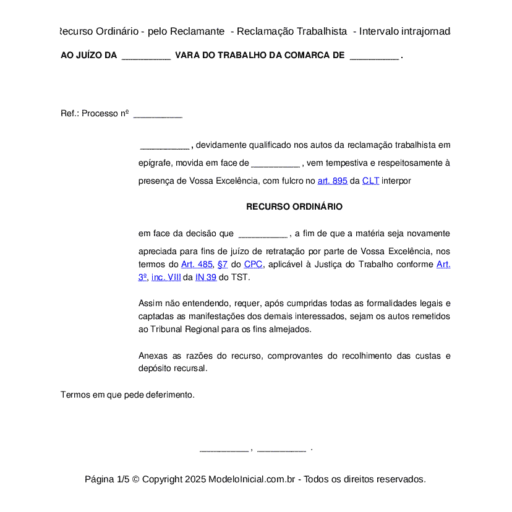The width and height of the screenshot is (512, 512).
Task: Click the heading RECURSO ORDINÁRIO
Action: click(294, 207)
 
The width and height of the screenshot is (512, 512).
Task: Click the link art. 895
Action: click(332, 181)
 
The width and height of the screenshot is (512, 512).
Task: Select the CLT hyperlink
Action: click(370, 181)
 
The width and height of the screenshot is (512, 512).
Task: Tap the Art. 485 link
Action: click(197, 265)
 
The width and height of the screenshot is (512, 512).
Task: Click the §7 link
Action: click(223, 265)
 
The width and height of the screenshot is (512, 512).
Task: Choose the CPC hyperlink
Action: click(253, 265)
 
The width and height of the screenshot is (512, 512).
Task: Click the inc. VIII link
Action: click(166, 278)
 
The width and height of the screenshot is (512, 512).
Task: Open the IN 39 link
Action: click(206, 278)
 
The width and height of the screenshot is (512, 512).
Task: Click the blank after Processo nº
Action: click(158, 114)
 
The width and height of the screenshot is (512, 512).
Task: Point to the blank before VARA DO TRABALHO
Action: click(146, 56)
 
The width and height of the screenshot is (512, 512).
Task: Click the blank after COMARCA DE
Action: click(374, 56)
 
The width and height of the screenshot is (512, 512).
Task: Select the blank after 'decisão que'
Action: click(262, 234)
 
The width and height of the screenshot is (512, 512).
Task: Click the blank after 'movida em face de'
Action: click(275, 164)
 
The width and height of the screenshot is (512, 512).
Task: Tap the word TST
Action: click(240, 278)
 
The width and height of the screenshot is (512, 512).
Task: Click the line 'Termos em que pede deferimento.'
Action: click(127, 395)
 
